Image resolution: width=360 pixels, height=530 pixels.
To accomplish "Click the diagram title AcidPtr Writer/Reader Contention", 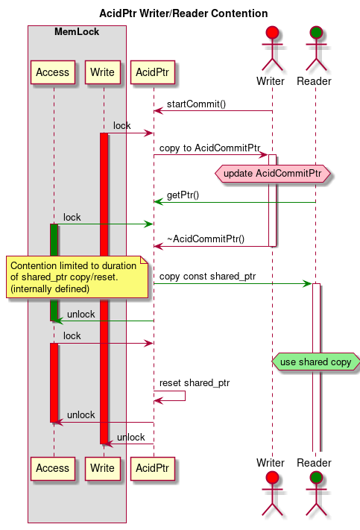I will [x=183, y=13].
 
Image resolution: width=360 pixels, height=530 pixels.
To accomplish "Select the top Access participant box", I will [x=53, y=72].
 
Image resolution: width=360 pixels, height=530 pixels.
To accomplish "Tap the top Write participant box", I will [x=104, y=72].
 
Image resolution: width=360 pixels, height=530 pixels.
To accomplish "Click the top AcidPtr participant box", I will [x=154, y=72].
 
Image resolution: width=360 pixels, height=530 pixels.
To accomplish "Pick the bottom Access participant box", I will [x=53, y=468].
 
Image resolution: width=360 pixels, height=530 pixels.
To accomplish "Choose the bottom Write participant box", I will [x=104, y=468].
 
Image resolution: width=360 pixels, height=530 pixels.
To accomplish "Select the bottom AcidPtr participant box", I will [x=154, y=468].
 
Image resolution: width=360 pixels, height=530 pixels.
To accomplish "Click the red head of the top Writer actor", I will [x=272, y=32].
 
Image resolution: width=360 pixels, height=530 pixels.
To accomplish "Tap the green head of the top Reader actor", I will [x=315, y=32].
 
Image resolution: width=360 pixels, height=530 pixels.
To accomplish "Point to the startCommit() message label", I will [x=196, y=104].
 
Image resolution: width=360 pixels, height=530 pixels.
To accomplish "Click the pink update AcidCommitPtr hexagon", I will [x=272, y=174].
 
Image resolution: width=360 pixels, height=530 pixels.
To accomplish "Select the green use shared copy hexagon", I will [x=315, y=362].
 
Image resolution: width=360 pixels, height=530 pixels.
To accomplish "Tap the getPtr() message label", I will [x=183, y=195].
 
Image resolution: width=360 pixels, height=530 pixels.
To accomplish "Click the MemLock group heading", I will [x=77, y=32].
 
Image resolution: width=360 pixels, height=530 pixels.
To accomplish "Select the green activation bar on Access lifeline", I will [x=54, y=272].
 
